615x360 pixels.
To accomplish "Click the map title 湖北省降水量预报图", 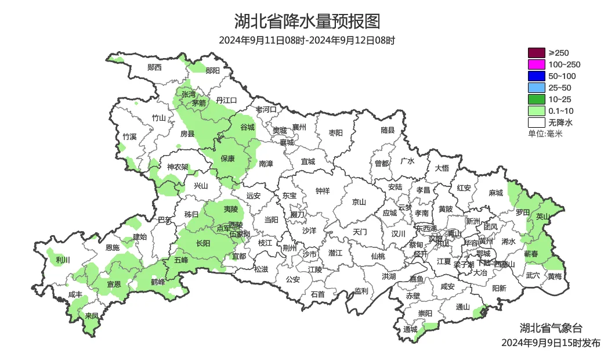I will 307,21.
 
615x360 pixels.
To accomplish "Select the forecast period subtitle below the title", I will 307,41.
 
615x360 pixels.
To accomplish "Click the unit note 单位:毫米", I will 545,134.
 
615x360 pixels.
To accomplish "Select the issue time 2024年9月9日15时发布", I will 551,343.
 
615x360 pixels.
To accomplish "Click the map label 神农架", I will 178,167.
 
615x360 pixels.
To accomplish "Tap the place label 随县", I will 388,131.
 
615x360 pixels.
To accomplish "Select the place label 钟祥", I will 322,190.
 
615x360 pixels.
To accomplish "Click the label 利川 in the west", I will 63,260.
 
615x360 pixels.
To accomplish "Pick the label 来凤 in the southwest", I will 92,316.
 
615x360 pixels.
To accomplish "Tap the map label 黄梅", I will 555,276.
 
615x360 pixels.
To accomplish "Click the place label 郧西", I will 154,67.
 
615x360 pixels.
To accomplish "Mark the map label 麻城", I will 495,193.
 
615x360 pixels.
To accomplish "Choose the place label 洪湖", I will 389,276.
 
